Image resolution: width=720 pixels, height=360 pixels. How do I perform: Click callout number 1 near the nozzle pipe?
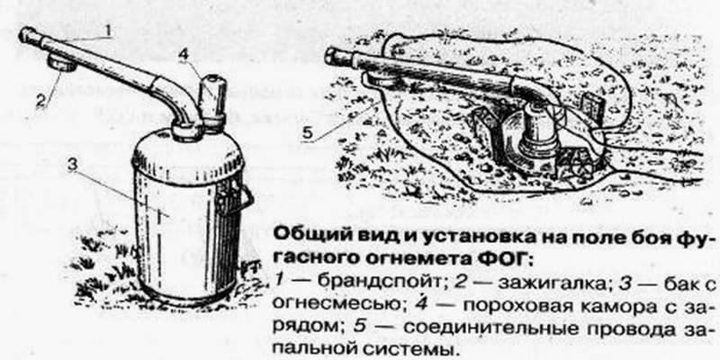[107, 31]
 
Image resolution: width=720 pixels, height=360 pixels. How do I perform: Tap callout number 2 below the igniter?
[41, 99]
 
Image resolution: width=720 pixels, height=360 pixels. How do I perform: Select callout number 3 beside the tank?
[72, 166]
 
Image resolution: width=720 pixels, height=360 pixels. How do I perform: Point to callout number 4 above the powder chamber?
[184, 55]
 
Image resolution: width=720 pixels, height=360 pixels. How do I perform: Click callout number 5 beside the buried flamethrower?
[307, 133]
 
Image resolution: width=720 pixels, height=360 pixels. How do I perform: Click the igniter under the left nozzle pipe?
[62, 61]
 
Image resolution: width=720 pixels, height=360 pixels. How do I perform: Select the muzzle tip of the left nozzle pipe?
[27, 34]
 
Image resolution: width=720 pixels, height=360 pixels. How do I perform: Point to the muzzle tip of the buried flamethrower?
[331, 55]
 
